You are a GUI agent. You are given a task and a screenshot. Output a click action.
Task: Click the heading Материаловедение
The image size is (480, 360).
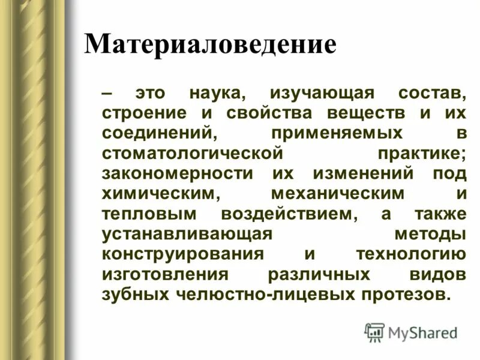210,45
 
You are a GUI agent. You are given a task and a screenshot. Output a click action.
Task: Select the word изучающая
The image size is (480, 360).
322,94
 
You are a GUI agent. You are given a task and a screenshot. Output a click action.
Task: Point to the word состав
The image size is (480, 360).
431,94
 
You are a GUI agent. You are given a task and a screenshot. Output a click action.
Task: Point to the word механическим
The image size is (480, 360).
337,194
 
